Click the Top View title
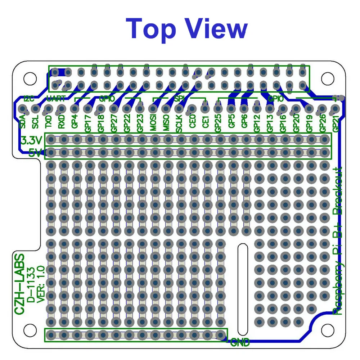point(187,29)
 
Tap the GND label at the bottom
point(240,343)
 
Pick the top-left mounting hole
point(30,77)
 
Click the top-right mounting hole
point(327,77)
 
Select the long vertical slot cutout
point(242,290)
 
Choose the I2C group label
point(28,98)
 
